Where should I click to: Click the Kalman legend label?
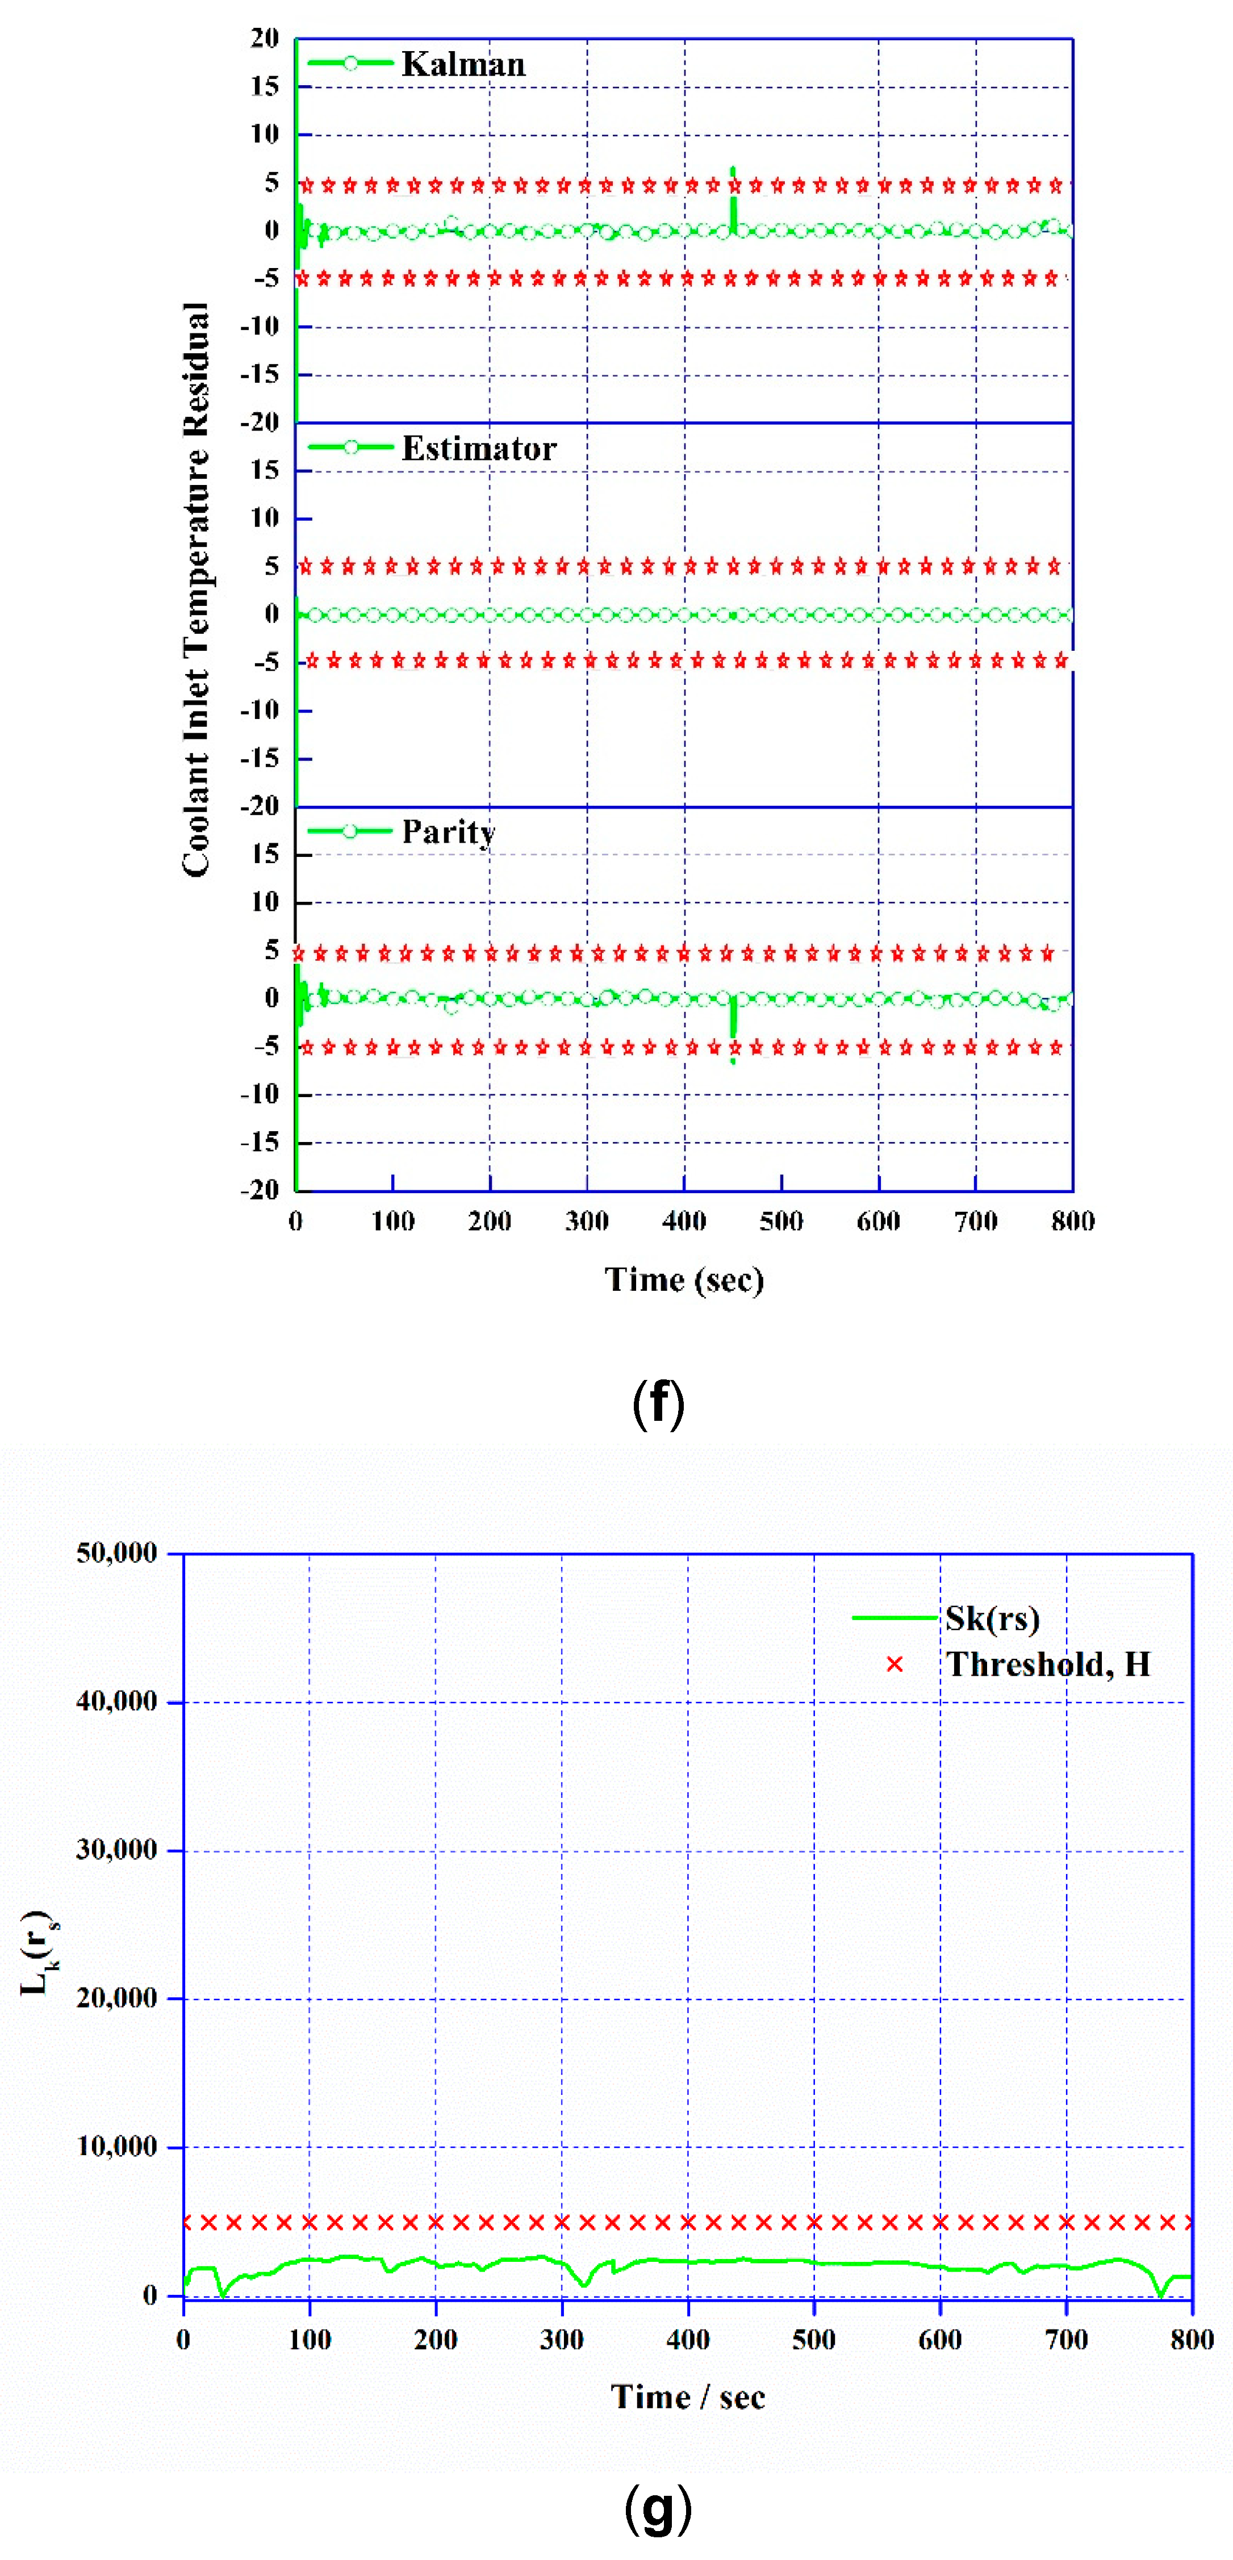click(x=463, y=65)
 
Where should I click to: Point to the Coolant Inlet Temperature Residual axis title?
click(x=196, y=589)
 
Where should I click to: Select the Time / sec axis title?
click(x=688, y=2397)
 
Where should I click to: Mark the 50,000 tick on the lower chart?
click(x=116, y=1553)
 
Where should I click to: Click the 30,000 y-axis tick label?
click(x=116, y=1850)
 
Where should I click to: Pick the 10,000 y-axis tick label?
click(x=116, y=2147)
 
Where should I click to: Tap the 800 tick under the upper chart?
click(x=1072, y=1222)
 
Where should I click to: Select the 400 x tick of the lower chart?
click(x=688, y=2340)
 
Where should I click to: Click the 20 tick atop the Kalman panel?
click(x=264, y=39)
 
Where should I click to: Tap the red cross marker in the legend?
click(x=894, y=1664)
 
